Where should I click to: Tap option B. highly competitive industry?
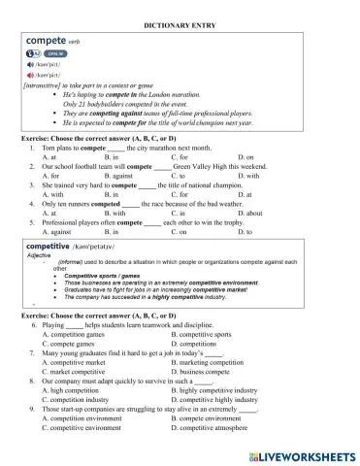click(217, 391)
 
